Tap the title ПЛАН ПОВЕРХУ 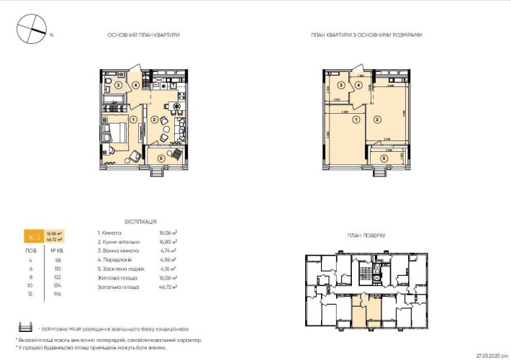tap(367, 235)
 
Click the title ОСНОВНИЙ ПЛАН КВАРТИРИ tap(143, 35)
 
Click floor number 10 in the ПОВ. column tap(30, 286)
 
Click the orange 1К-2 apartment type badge tap(32, 236)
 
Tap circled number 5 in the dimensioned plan tap(384, 158)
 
